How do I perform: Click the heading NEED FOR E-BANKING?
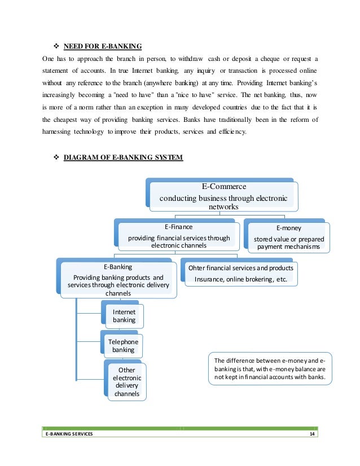click(x=102, y=45)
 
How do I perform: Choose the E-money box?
click(x=288, y=237)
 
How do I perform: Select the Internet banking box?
click(x=124, y=316)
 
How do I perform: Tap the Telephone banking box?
click(x=123, y=345)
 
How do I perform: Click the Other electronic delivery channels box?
click(x=127, y=382)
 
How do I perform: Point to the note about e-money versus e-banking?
click(x=270, y=370)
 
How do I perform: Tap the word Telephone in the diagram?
click(x=123, y=341)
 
